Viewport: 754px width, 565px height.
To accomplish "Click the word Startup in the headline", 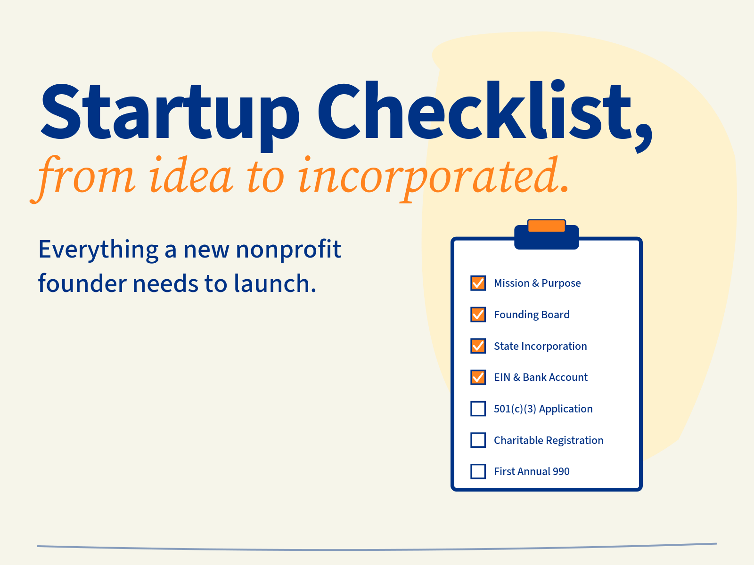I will click(170, 113).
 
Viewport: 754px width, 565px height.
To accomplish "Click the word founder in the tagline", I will click(82, 284).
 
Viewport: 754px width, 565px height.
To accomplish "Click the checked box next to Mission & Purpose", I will click(478, 283).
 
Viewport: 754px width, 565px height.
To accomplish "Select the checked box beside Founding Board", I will click(478, 315).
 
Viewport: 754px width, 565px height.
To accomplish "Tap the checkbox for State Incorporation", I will click(478, 346).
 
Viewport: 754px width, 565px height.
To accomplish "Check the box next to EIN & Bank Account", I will click(478, 377).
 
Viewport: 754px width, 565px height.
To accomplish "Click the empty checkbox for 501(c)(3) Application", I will click(478, 409).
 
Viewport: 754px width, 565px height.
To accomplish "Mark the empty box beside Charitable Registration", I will click(478, 440).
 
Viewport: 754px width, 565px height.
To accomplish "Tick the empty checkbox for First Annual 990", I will click(478, 471).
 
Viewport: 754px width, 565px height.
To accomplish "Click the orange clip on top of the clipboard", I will click(546, 226).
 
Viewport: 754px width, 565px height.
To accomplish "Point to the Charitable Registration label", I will click(548, 441).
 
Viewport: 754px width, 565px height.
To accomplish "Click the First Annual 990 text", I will click(531, 472).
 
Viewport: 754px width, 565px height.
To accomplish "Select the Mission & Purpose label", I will click(537, 283).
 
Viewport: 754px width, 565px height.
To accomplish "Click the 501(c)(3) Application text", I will click(543, 409).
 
